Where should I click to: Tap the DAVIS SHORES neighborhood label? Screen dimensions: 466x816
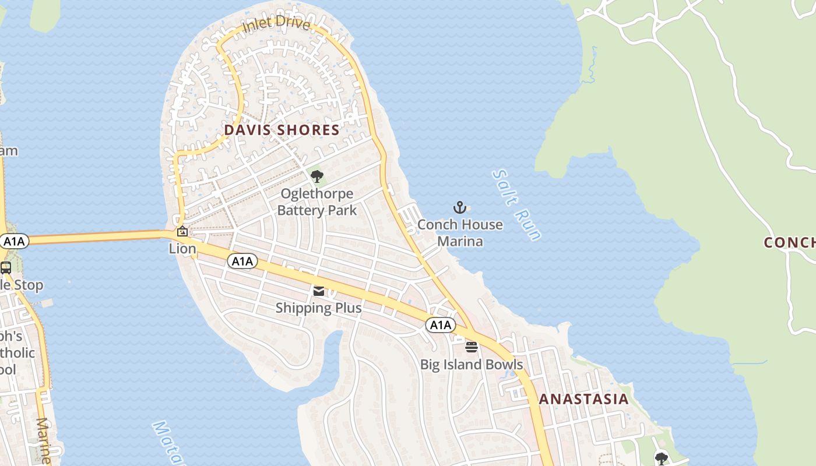coord(282,130)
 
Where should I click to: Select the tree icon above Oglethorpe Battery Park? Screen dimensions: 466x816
coord(317,176)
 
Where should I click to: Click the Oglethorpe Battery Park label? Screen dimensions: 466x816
coord(317,202)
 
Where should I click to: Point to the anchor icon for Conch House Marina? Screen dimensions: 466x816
coord(460,207)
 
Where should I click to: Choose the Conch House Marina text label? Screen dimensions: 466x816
coord(460,232)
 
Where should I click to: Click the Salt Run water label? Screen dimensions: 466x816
coord(516,205)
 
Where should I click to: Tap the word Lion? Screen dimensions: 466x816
coord(182,249)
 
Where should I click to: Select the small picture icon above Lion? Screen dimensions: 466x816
coord(182,231)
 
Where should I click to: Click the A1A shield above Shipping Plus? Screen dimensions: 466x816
coord(242,261)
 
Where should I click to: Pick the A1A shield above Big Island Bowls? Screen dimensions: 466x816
coord(440,324)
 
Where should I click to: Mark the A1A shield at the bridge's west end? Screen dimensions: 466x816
coord(13,241)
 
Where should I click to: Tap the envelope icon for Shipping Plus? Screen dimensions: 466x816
coord(319,291)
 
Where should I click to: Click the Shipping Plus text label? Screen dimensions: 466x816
coord(318,308)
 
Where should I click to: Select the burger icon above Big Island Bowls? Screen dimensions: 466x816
coord(472,347)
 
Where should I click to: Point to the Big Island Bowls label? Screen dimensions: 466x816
coord(472,365)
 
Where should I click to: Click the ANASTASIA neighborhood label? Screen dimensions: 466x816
coord(583,399)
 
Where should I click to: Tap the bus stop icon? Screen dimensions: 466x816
coord(6,268)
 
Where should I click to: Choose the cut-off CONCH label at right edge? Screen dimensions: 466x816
coord(790,243)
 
